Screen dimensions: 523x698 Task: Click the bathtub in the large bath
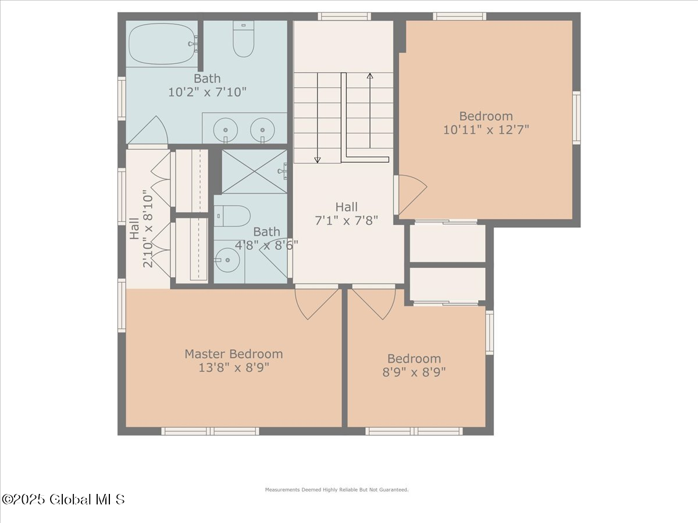[162, 44]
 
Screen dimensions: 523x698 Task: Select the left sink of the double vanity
[223, 130]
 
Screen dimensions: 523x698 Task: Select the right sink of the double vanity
[262, 130]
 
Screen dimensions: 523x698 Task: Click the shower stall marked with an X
[254, 171]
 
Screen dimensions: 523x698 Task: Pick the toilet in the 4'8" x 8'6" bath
[233, 216]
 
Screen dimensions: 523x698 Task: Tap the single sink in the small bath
[226, 260]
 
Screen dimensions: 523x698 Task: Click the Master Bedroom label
[234, 354]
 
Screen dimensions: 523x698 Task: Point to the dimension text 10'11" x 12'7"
[486, 130]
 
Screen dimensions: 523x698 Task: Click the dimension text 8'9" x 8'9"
[414, 372]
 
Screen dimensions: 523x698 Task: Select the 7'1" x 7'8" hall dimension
[346, 220]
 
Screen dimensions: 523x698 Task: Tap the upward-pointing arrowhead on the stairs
[370, 76]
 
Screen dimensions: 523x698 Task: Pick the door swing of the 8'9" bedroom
[375, 302]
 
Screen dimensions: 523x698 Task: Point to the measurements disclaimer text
[337, 490]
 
